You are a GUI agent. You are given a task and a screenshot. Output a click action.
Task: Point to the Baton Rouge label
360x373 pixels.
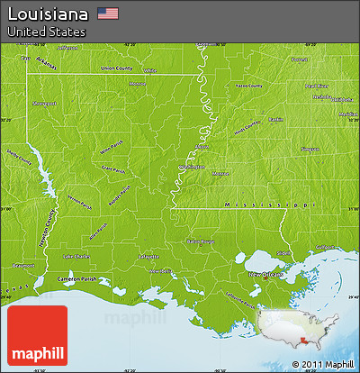201,241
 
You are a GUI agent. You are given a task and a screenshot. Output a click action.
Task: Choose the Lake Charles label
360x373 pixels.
75,256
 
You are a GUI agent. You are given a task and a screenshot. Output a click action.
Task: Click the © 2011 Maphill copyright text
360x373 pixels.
321,364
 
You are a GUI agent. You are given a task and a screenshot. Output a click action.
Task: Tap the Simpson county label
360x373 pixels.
310,149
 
